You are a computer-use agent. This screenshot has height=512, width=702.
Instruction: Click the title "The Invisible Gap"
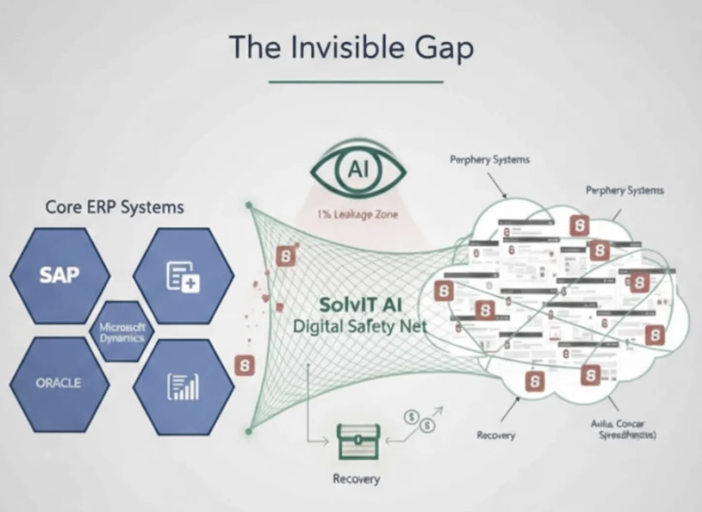tap(351, 48)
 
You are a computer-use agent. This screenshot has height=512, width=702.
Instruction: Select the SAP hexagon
tap(60, 275)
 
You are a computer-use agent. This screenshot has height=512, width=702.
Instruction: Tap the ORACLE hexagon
tap(58, 384)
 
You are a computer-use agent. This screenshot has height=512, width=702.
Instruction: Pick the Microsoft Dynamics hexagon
tap(122, 332)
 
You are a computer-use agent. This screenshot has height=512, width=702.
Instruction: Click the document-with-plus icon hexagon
tap(183, 276)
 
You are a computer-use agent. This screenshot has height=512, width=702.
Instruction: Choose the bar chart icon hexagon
tap(183, 386)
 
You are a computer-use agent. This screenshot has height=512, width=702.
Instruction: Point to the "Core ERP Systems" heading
tap(114, 208)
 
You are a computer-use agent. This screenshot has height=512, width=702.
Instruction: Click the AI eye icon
tap(358, 170)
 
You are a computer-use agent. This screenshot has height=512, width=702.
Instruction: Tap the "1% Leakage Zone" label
tap(358, 214)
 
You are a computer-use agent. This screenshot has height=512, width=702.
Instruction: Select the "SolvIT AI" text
tap(360, 305)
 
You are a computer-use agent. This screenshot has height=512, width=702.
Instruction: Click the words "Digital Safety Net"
tap(360, 326)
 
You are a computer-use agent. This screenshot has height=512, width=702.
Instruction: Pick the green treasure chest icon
tap(358, 441)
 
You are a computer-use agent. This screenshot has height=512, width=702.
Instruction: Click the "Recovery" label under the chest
tap(356, 479)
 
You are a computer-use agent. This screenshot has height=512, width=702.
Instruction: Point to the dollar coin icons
tap(420, 421)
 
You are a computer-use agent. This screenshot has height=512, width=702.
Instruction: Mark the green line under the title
tap(356, 82)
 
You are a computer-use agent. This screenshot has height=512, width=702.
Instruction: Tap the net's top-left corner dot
tap(249, 206)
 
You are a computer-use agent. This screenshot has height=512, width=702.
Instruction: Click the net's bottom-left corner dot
tap(249, 431)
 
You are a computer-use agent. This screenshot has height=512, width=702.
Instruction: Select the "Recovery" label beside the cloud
tap(495, 435)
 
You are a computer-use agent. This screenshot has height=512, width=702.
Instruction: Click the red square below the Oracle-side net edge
tap(244, 365)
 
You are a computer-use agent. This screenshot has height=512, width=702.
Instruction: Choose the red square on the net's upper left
tap(286, 256)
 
